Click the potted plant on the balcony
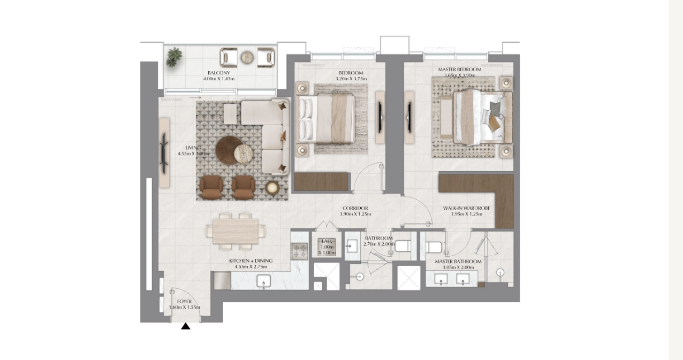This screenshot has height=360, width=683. (173, 57)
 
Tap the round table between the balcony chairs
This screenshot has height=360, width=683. (247, 57)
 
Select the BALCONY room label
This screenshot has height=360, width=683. (218, 73)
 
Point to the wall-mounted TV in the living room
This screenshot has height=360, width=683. (164, 152)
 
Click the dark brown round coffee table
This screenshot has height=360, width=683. (229, 149)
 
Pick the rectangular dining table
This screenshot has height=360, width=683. (236, 231)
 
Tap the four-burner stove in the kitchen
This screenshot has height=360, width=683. (299, 250)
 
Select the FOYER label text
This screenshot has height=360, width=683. (184, 302)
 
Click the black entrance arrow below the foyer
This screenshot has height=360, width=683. (185, 326)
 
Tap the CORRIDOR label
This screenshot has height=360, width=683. (355, 208)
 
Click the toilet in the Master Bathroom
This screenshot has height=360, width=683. (434, 247)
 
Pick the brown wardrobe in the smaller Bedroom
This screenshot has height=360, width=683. (322, 182)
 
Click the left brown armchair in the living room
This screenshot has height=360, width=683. (211, 186)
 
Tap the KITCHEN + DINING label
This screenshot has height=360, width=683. (248, 261)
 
